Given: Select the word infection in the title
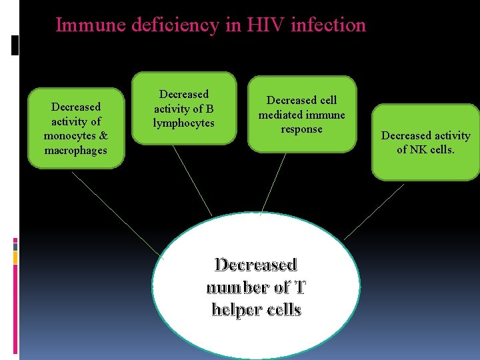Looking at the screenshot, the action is click(x=335, y=25).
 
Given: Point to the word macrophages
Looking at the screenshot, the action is click(x=75, y=150).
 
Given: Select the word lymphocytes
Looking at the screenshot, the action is click(x=183, y=123).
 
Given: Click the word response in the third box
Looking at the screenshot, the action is click(x=301, y=129).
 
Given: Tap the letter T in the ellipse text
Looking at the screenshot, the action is click(x=300, y=287).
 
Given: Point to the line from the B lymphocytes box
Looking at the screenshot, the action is click(x=192, y=180).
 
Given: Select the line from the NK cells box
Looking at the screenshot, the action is click(x=374, y=212).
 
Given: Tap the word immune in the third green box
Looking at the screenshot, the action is click(x=327, y=115).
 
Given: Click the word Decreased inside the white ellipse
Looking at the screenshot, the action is click(x=255, y=265).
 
